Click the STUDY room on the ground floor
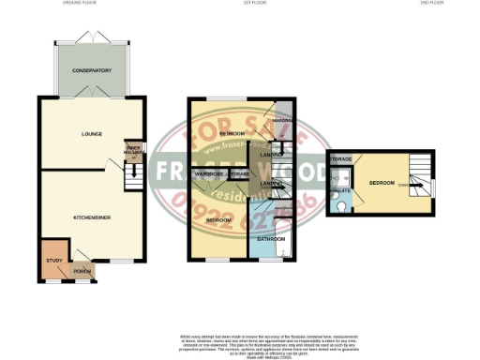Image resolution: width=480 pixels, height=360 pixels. click(x=53, y=262)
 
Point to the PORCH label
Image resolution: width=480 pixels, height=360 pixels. click(x=83, y=272)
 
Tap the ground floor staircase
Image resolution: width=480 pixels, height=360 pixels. click(x=133, y=173)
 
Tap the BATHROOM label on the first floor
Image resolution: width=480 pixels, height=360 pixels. click(x=272, y=239)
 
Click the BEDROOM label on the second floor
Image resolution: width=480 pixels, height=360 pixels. click(x=382, y=182)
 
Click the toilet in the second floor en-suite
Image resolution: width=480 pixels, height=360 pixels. click(x=342, y=205)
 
